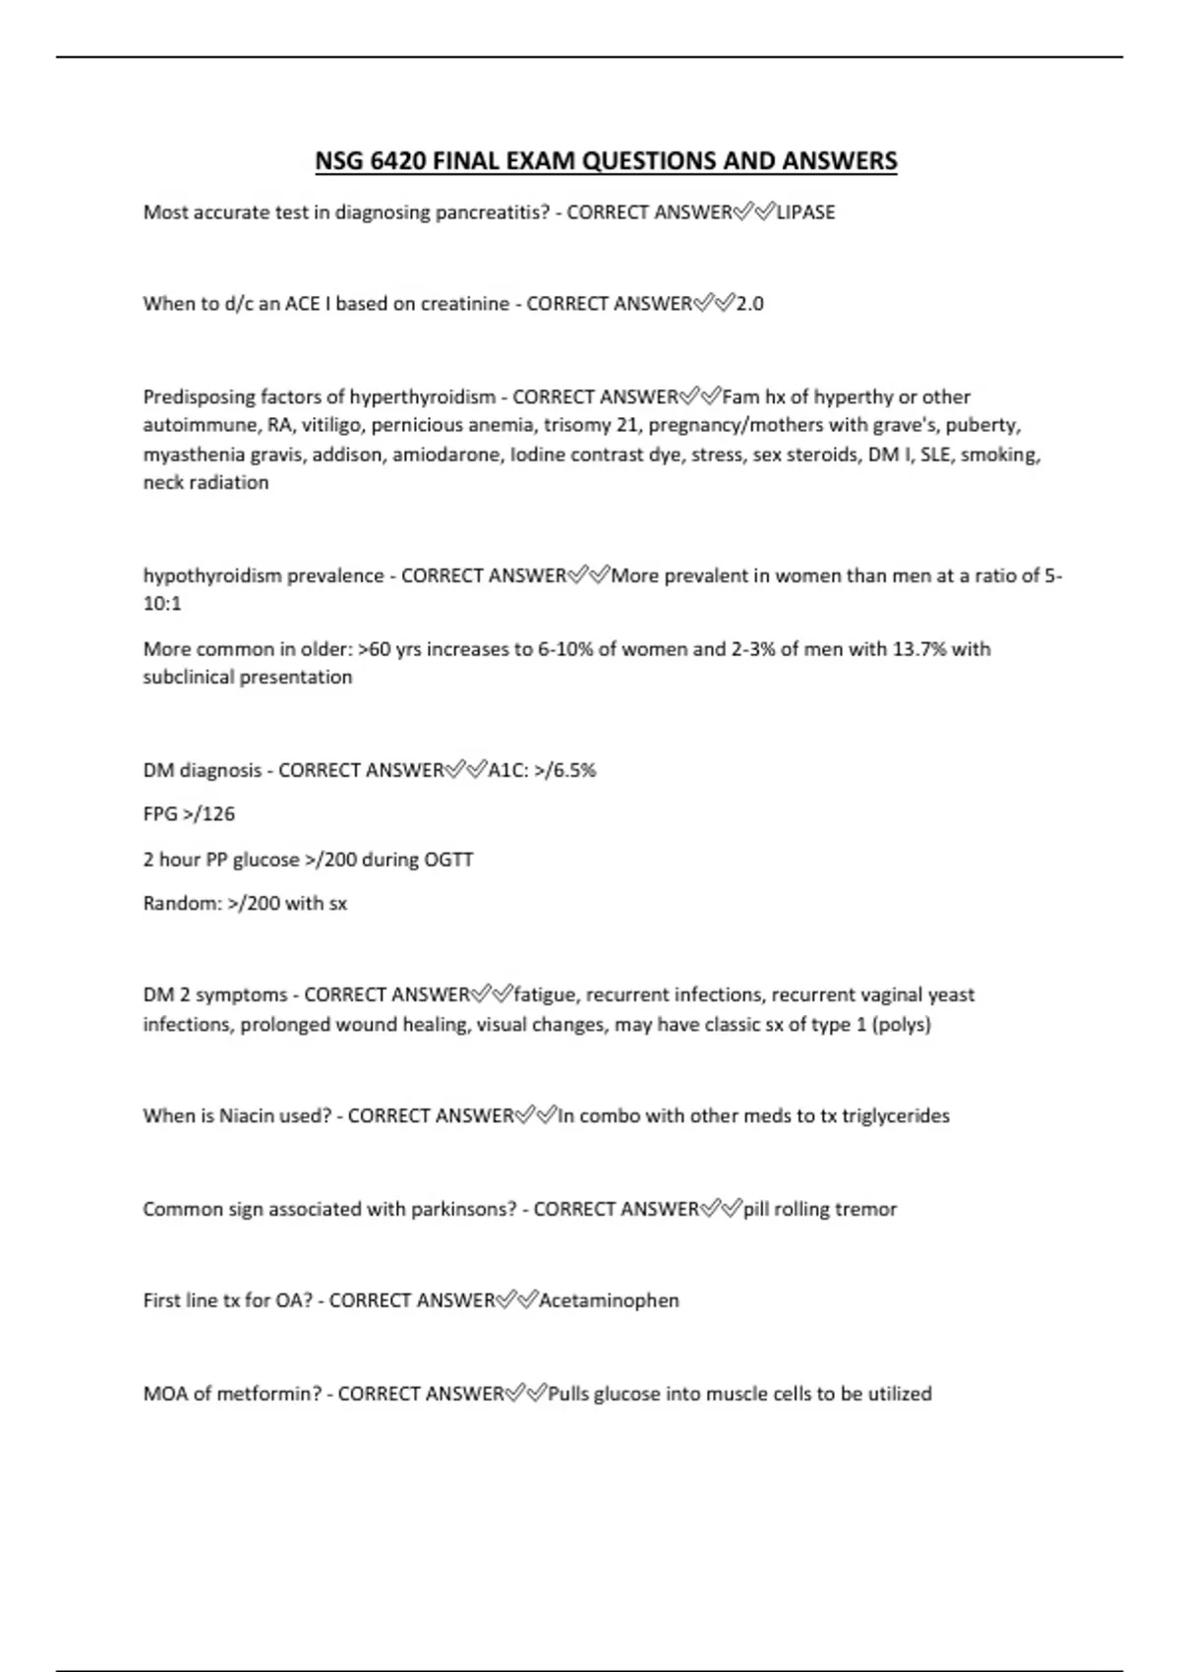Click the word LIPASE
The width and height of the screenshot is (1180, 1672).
pyautogui.click(x=805, y=212)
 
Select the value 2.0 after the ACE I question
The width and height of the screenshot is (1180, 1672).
pyautogui.click(x=749, y=304)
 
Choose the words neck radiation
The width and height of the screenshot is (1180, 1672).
pyautogui.click(x=206, y=483)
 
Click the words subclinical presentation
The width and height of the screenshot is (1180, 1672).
pyautogui.click(x=248, y=678)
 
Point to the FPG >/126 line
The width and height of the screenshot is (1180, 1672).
pyautogui.click(x=189, y=814)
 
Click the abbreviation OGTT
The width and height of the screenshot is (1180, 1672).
pyautogui.click(x=448, y=860)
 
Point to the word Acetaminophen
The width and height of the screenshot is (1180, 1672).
pyautogui.click(x=609, y=1301)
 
